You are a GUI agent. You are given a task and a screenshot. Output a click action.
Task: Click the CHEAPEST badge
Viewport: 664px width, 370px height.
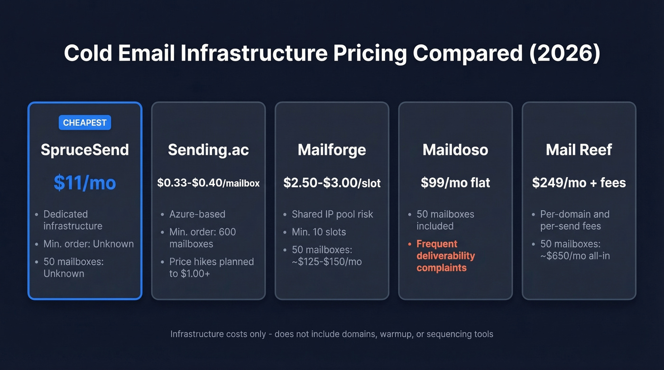pyautogui.click(x=85, y=123)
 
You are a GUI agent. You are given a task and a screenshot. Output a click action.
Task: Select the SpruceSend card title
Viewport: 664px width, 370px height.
pyautogui.click(x=85, y=150)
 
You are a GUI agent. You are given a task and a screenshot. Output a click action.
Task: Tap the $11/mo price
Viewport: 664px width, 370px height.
pyautogui.click(x=85, y=182)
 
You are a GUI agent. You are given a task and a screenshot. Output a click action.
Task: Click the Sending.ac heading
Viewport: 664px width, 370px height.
pyautogui.click(x=208, y=150)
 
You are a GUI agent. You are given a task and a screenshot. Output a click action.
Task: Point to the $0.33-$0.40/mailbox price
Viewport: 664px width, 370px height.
pyautogui.click(x=208, y=183)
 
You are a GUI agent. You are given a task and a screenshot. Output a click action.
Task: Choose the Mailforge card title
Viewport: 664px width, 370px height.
pyautogui.click(x=332, y=150)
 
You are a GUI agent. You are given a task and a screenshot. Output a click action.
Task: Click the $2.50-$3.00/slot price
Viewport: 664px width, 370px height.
pyautogui.click(x=332, y=183)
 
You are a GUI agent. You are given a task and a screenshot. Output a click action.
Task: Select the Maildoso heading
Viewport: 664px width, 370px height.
pyautogui.click(x=455, y=150)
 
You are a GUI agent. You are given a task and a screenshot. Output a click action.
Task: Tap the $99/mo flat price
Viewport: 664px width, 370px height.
pyautogui.click(x=455, y=183)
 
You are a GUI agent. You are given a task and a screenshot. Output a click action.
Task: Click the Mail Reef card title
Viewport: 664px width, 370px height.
pyautogui.click(x=579, y=150)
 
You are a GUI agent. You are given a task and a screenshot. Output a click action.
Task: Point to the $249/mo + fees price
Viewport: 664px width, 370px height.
pyautogui.click(x=579, y=183)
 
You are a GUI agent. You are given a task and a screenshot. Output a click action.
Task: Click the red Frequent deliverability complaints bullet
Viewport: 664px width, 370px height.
pyautogui.click(x=445, y=256)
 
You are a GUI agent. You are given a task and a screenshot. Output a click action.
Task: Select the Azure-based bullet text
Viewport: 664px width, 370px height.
pyautogui.click(x=197, y=214)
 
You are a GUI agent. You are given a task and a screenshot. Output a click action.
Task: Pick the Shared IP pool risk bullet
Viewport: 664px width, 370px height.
pyautogui.click(x=332, y=214)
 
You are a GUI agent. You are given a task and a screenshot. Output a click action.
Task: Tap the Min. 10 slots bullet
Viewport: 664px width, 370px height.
pyautogui.click(x=319, y=232)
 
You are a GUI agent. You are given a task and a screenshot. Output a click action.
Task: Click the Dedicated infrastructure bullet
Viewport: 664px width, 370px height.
pyautogui.click(x=73, y=220)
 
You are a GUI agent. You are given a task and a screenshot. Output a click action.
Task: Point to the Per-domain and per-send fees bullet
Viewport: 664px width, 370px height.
pyautogui.click(x=574, y=220)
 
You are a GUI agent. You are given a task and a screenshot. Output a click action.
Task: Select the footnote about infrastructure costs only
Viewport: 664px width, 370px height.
pyautogui.click(x=332, y=334)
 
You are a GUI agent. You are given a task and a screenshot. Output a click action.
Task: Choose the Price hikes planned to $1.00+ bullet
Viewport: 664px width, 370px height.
pyautogui.click(x=211, y=267)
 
